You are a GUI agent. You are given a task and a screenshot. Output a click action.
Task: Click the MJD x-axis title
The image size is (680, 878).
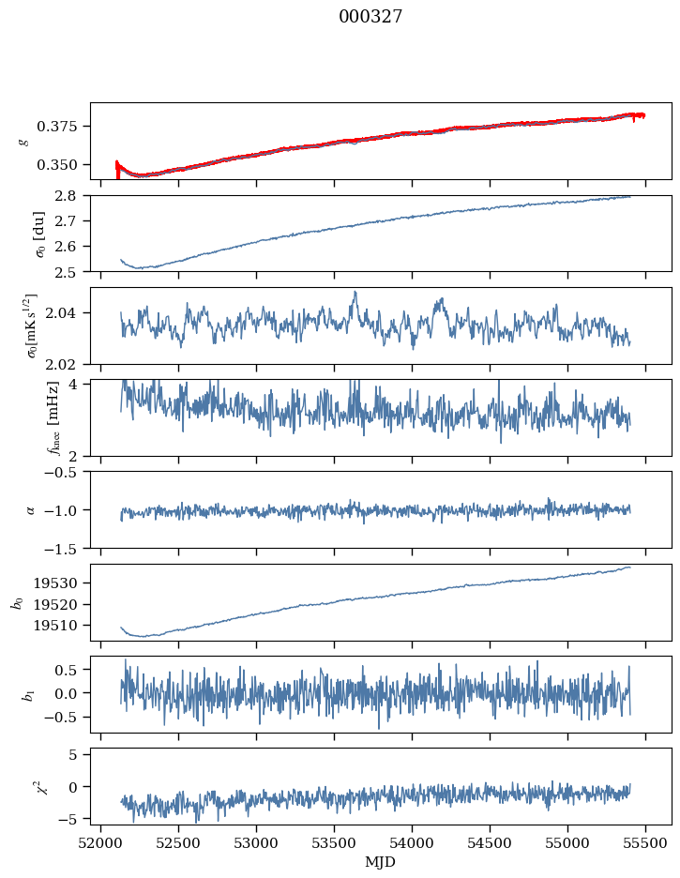(381, 861)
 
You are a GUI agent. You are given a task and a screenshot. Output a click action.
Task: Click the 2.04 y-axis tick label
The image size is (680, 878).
(68, 313)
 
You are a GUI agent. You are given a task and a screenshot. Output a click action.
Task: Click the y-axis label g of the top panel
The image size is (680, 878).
(24, 141)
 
